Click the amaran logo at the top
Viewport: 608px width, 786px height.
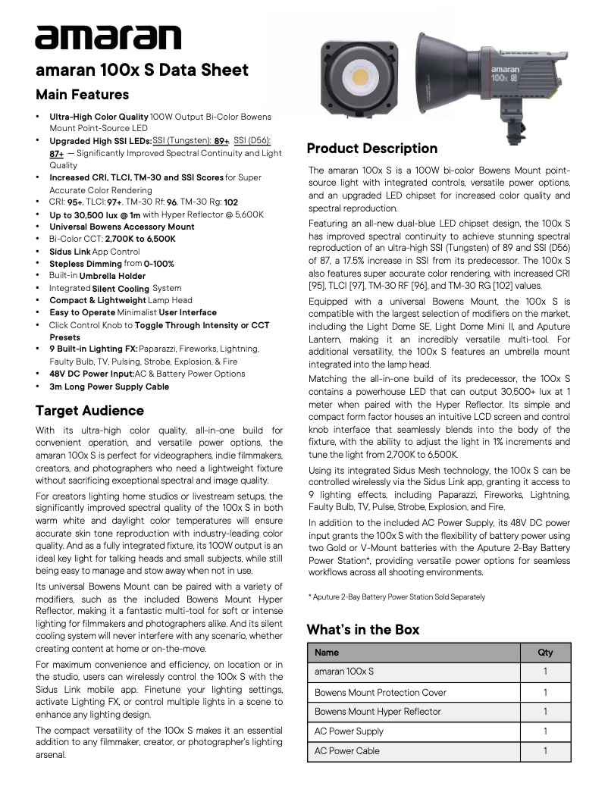tap(108, 36)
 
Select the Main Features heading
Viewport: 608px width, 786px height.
tap(83, 95)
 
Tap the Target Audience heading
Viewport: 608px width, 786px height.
tap(89, 411)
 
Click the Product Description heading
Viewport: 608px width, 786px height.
tap(371, 149)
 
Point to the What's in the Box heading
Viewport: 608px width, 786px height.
tap(362, 630)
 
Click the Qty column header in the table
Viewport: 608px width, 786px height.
tap(544, 653)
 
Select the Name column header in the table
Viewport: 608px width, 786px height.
tap(327, 653)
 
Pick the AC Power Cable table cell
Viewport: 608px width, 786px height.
tap(347, 751)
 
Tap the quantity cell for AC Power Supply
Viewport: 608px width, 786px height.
tap(544, 731)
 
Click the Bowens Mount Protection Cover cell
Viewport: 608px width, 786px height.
tap(381, 692)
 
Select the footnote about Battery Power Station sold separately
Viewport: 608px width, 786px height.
tap(396, 597)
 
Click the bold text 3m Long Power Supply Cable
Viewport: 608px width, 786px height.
tap(109, 387)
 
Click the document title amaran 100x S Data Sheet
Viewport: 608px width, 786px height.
tap(142, 70)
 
